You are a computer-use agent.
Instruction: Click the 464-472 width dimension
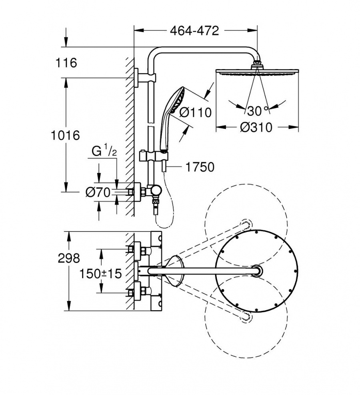[194, 31]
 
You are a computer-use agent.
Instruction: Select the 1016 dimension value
[65, 136]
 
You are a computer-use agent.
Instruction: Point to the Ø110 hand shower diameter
[195, 112]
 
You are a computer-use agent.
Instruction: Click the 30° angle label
[258, 111]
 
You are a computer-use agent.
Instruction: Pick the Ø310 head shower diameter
[256, 128]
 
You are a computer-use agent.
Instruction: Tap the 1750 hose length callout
[200, 167]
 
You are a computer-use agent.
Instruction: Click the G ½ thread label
[104, 152]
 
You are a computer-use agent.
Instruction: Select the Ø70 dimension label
[98, 193]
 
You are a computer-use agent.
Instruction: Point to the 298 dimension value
[69, 258]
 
